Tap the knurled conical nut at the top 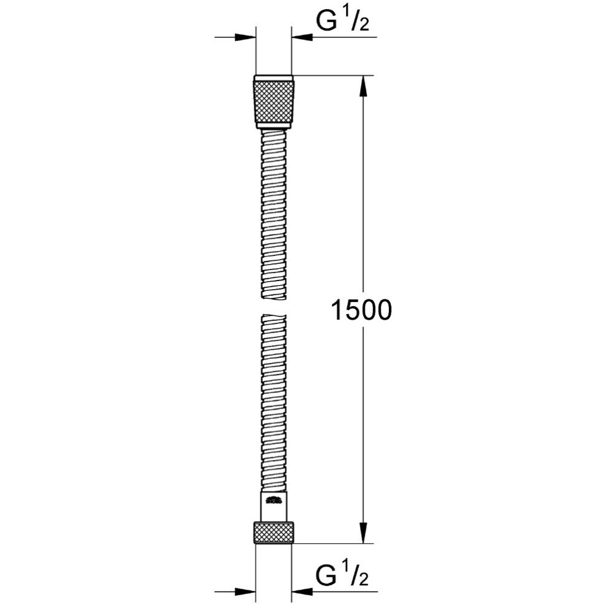[x=273, y=102]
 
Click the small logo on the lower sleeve [x=273, y=501]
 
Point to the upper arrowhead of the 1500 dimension [x=364, y=86]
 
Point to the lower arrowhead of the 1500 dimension [x=364, y=533]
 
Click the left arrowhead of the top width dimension [x=245, y=38]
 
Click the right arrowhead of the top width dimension [x=301, y=38]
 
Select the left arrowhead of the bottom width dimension [x=245, y=592]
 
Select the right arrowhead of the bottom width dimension [x=301, y=592]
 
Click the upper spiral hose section [x=273, y=214]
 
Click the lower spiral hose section [x=273, y=398]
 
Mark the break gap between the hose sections [x=273, y=307]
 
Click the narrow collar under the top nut [x=273, y=126]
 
